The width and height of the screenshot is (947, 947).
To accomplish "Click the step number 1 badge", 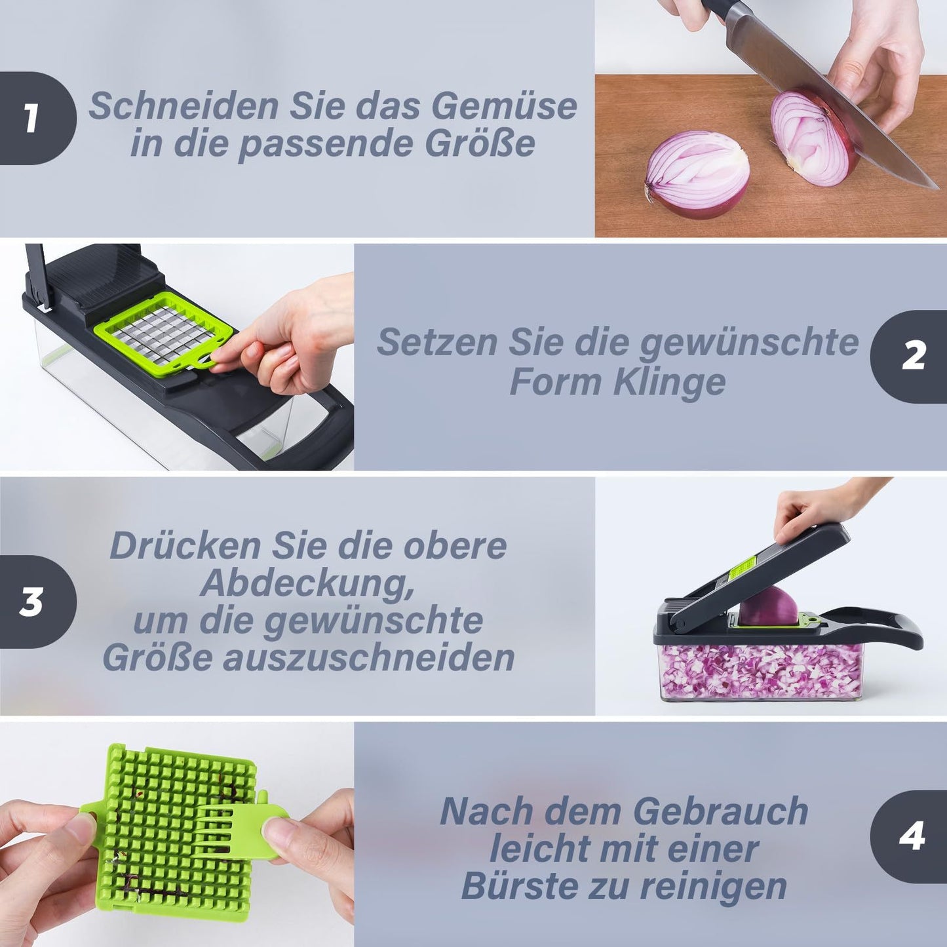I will coord(33,119).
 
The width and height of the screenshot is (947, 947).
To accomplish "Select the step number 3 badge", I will coord(33,602).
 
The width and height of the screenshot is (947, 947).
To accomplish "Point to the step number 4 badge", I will coord(912,836).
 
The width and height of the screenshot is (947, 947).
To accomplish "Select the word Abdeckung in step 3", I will coord(307,583).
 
